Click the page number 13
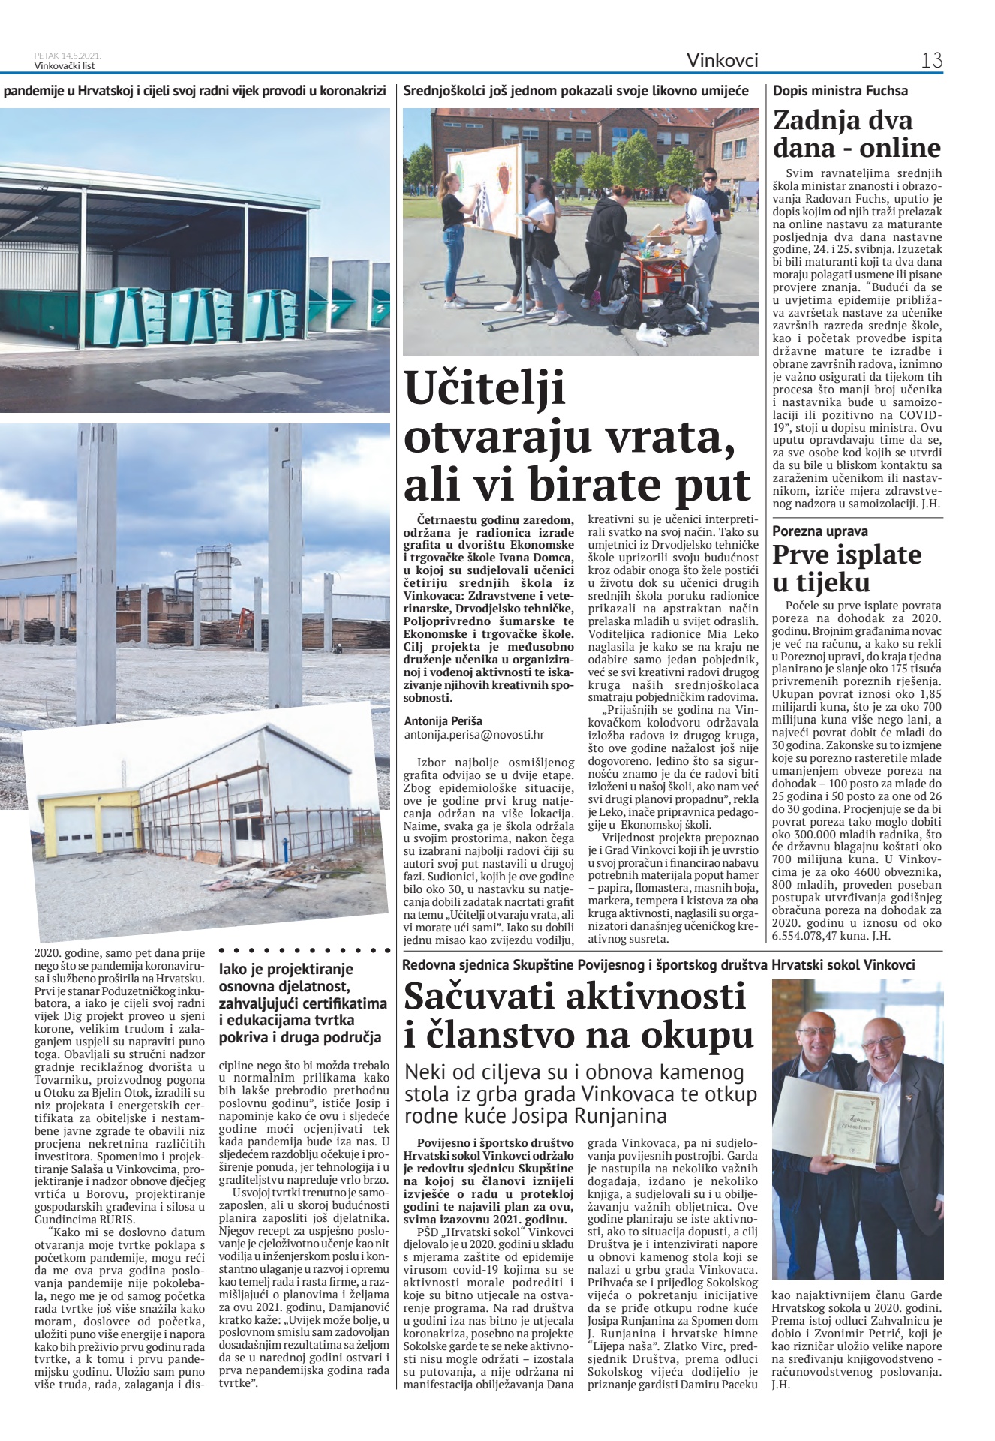pos(931,60)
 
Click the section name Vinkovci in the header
pos(722,60)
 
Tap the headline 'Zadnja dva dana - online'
pos(856,134)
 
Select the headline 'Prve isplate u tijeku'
pos(847,568)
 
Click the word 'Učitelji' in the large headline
pos(485,388)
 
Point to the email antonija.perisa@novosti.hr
pos(473,735)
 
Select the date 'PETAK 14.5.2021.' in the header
pos(68,56)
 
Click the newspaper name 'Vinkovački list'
pos(67,65)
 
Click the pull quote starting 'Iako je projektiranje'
pos(303,1003)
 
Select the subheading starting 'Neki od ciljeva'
pos(581,1094)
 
